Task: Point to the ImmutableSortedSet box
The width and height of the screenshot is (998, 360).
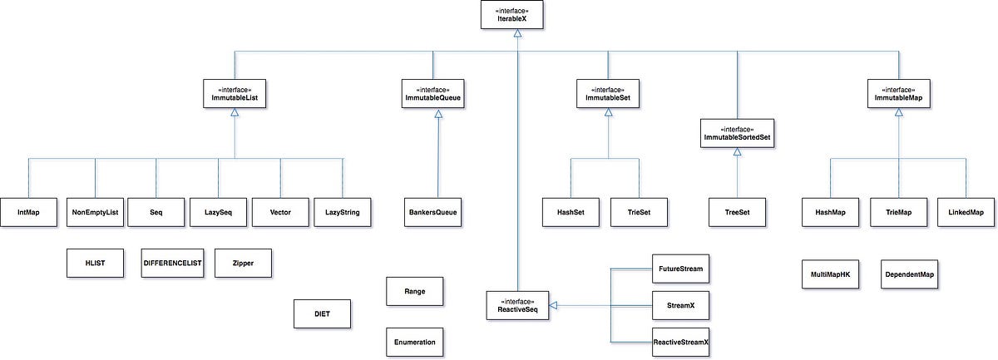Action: point(737,134)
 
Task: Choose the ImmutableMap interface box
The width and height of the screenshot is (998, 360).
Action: point(898,93)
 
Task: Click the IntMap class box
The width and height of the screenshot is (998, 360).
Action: point(27,212)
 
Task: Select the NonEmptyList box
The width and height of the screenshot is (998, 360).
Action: point(95,212)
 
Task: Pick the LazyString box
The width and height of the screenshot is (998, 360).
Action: point(342,212)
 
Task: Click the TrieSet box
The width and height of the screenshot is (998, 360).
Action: point(640,212)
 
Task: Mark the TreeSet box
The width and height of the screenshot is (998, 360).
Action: point(737,212)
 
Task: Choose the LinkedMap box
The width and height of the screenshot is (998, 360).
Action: point(966,212)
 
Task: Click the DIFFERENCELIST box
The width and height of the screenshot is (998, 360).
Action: point(172,262)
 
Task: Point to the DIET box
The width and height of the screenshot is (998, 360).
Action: point(323,315)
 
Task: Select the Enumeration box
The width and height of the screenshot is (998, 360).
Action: point(414,342)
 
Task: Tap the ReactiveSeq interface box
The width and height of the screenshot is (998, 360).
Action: point(516,306)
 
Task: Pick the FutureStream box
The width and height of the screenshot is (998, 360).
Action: point(681,269)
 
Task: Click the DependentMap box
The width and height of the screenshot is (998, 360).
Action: point(908,274)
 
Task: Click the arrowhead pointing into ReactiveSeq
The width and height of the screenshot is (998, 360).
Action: point(551,306)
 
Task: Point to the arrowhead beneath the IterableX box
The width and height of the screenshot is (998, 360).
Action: point(516,33)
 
